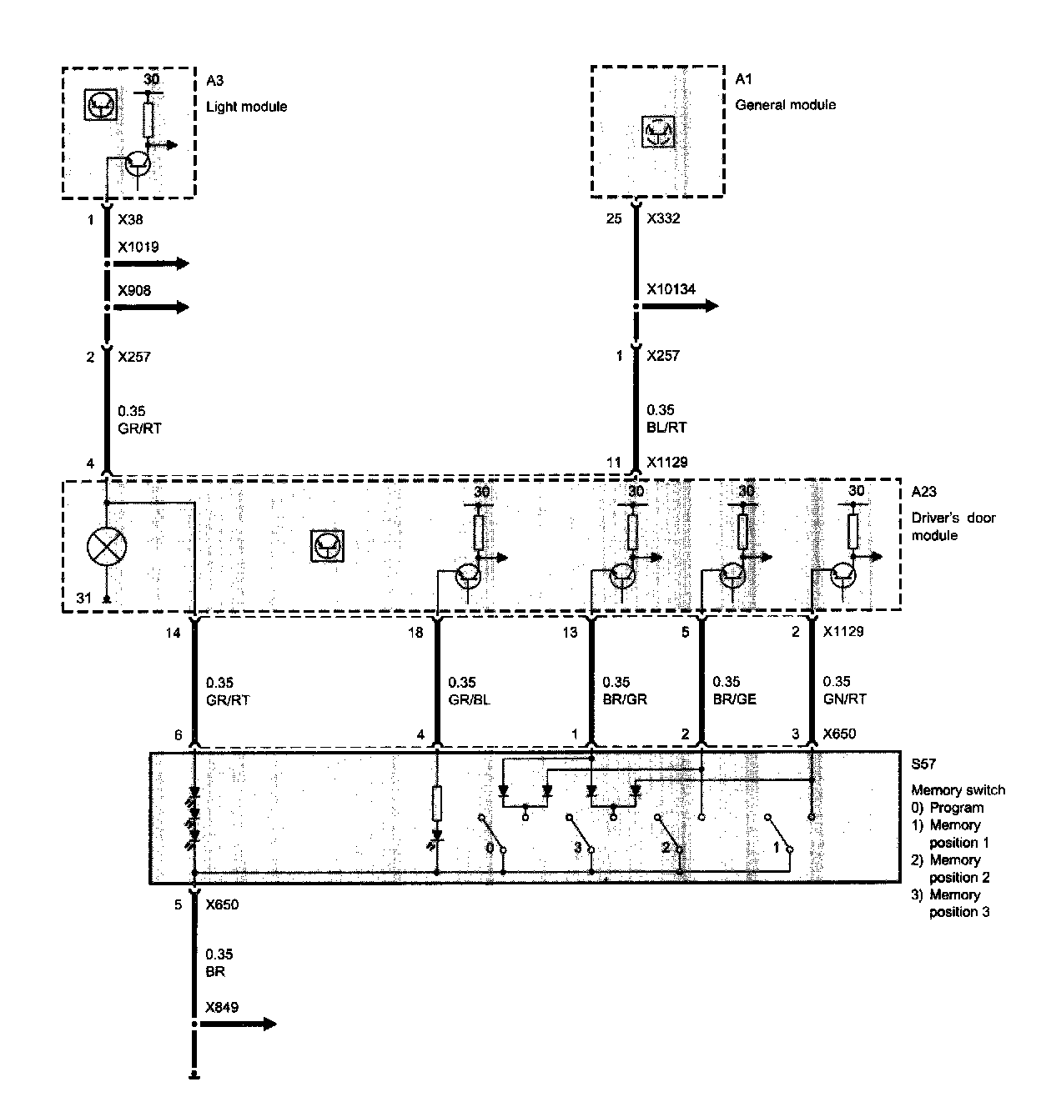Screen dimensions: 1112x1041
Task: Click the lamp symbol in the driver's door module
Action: pos(107,547)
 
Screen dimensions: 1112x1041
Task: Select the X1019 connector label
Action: pos(138,247)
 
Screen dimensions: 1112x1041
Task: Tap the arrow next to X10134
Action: pos(679,306)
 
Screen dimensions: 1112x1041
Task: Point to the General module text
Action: pos(785,104)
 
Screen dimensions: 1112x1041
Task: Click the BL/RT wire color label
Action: pos(667,428)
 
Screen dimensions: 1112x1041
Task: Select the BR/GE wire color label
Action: pos(734,699)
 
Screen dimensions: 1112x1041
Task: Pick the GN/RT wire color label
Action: pos(844,699)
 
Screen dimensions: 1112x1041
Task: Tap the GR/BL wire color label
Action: pos(469,699)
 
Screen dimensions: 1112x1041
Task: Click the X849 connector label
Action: pos(222,1007)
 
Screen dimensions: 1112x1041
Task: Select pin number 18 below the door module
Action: pos(415,632)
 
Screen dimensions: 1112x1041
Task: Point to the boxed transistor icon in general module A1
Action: pos(657,132)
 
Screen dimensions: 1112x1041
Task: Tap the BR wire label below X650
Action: pos(215,972)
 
